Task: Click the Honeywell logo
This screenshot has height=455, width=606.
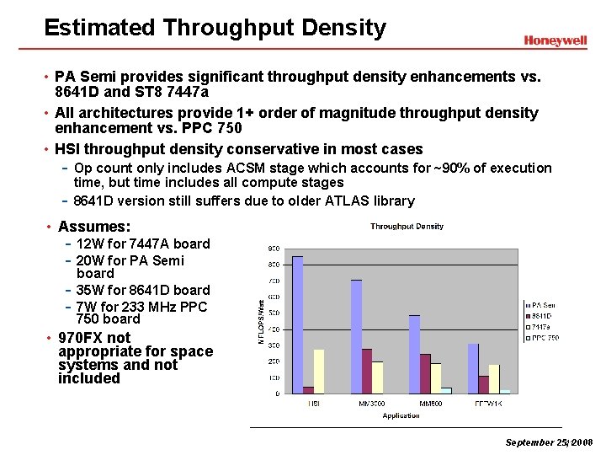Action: click(x=555, y=40)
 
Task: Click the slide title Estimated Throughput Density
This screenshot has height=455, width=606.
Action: click(x=215, y=28)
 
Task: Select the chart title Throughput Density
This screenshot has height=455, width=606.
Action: click(x=407, y=226)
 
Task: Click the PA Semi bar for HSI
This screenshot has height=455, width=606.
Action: click(x=297, y=324)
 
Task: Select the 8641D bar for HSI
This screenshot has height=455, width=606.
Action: click(x=308, y=389)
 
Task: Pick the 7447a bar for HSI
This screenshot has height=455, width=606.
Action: click(x=319, y=371)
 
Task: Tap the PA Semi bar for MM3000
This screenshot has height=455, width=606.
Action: click(x=356, y=336)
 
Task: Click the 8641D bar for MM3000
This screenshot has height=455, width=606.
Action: click(x=367, y=371)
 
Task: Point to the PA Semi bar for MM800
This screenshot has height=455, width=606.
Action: click(x=414, y=354)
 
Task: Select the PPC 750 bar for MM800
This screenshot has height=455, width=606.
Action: click(x=446, y=390)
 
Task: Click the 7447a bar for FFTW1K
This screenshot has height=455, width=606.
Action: click(x=494, y=378)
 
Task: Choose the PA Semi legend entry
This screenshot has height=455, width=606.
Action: click(x=542, y=305)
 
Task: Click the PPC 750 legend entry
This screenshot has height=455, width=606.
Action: click(x=543, y=338)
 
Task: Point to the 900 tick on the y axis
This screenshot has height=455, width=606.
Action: click(x=274, y=249)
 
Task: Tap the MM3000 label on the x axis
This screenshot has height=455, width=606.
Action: click(x=372, y=404)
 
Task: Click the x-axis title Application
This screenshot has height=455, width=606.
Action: click(x=401, y=415)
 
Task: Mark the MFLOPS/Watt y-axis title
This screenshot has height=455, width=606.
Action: click(x=262, y=321)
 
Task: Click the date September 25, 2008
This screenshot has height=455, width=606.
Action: click(x=549, y=442)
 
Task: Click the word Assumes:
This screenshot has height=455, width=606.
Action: click(x=94, y=227)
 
